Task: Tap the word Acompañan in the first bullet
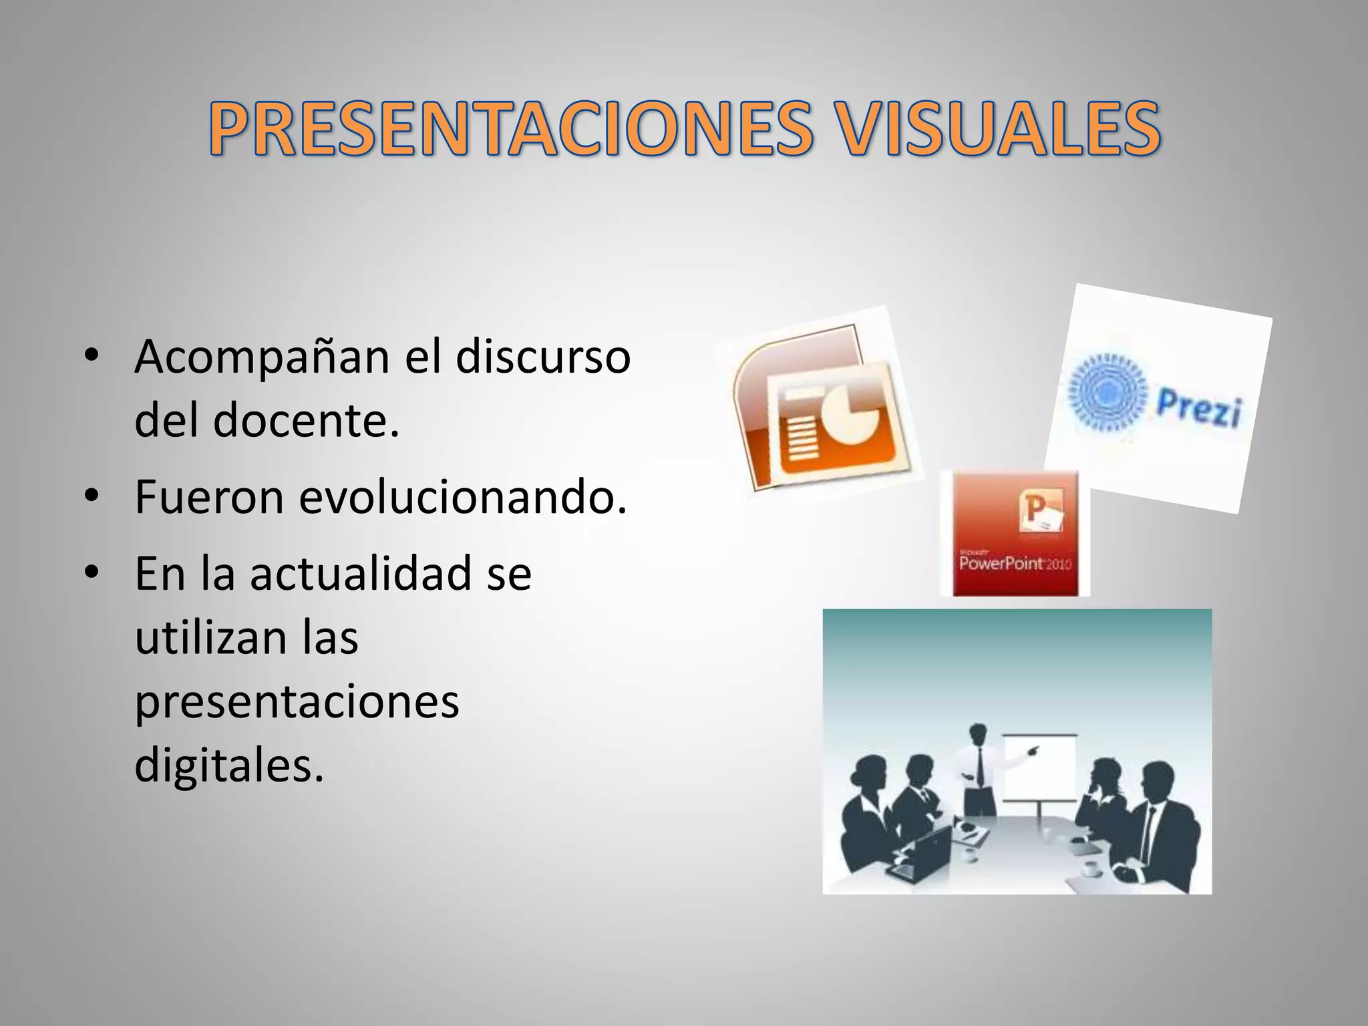point(261,358)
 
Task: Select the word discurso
point(542,357)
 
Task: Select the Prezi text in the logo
point(1199,407)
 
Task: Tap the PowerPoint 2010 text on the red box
point(1015,563)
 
